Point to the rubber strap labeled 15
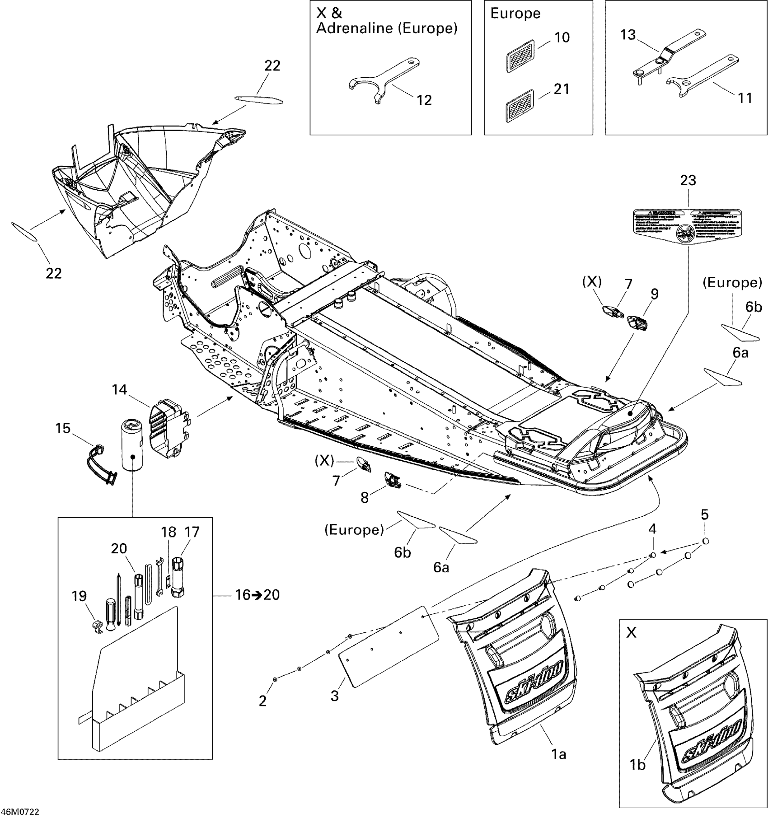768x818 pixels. pyautogui.click(x=101, y=465)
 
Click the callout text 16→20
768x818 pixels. pyautogui.click(x=257, y=595)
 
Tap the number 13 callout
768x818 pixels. pyautogui.click(x=628, y=35)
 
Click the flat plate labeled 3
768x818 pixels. pyautogui.click(x=389, y=646)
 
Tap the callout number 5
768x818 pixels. pyautogui.click(x=704, y=514)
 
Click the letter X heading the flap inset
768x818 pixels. pyautogui.click(x=631, y=633)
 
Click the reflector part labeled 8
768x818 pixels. pyautogui.click(x=393, y=480)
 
